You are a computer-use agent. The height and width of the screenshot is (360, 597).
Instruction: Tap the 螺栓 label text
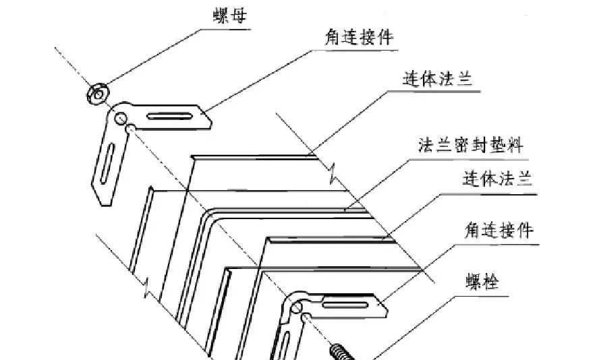pyautogui.click(x=483, y=283)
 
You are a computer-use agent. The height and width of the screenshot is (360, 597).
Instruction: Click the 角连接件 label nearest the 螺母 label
pyautogui.click(x=358, y=38)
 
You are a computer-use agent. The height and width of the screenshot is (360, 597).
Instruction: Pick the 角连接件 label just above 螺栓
pyautogui.click(x=500, y=231)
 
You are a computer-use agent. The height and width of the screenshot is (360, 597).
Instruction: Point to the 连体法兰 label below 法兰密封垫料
pyautogui.click(x=498, y=179)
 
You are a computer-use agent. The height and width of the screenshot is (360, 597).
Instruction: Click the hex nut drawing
pyautogui.click(x=98, y=94)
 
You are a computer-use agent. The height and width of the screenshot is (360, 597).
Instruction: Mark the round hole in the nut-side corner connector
pyautogui.click(x=121, y=119)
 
